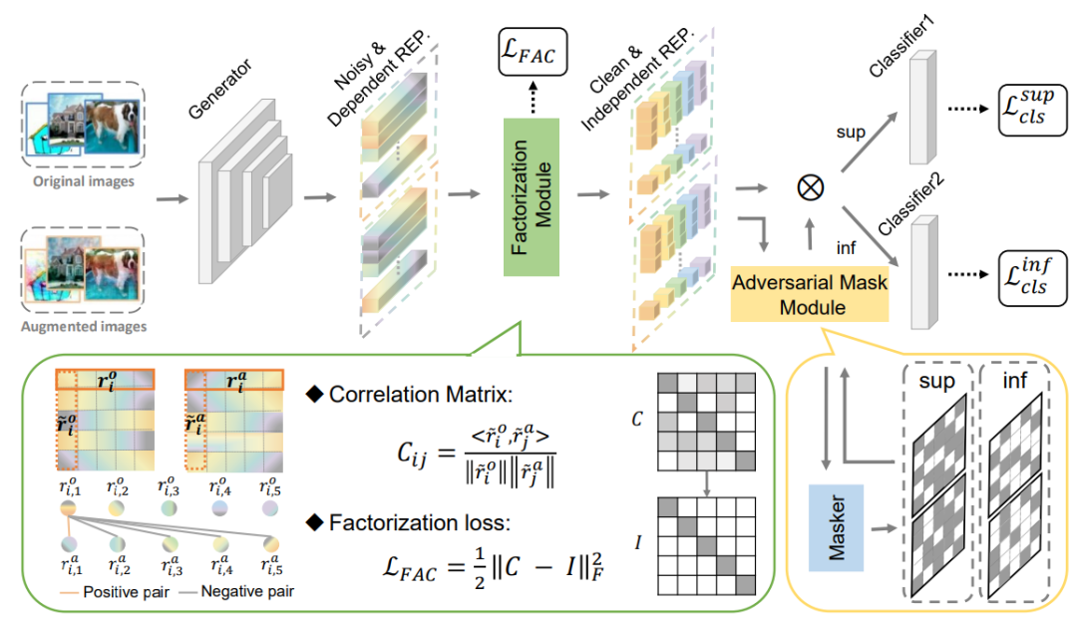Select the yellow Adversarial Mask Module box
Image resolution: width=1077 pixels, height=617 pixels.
[810, 294]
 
